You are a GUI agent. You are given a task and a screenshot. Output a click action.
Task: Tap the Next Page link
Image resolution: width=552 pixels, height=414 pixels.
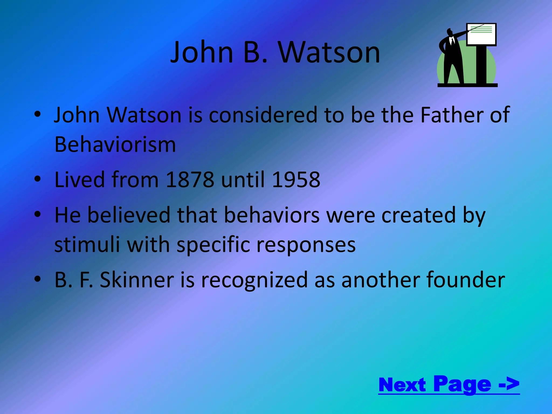pos(449,385)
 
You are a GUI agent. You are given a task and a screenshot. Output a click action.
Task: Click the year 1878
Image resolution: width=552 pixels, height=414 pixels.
pos(190,180)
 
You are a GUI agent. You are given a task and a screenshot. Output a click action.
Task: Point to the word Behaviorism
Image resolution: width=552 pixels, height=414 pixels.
pos(115,145)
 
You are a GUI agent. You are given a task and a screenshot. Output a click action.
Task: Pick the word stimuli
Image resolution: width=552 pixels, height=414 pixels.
pos(87,245)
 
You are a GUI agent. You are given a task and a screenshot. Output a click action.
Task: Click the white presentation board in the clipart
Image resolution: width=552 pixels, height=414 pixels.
pos(481,34)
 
